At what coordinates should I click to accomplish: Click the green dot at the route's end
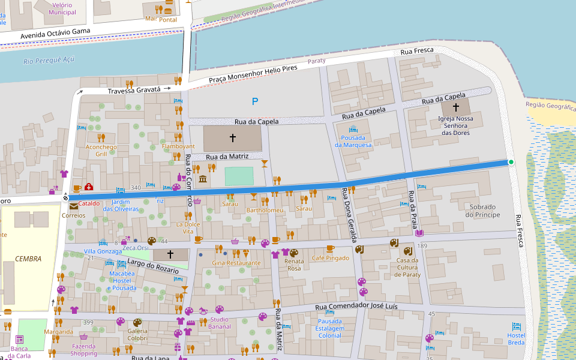(511, 162)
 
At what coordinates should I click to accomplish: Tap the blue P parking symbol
(255, 101)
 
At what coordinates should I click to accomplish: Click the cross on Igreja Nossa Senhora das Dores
(455, 107)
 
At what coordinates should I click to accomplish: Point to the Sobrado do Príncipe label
(482, 211)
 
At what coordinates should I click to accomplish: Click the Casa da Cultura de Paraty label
(407, 267)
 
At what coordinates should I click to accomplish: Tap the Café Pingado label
(330, 258)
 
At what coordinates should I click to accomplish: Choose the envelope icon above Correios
(73, 206)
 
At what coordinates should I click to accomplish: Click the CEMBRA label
(28, 259)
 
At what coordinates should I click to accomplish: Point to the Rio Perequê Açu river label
(49, 60)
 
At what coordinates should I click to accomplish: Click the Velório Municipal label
(62, 8)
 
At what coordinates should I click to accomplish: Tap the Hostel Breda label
(515, 339)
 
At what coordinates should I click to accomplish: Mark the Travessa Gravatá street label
(134, 90)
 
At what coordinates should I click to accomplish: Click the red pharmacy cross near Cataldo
(89, 187)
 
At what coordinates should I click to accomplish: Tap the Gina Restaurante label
(236, 263)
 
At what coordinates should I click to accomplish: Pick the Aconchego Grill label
(101, 150)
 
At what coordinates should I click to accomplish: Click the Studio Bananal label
(220, 323)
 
